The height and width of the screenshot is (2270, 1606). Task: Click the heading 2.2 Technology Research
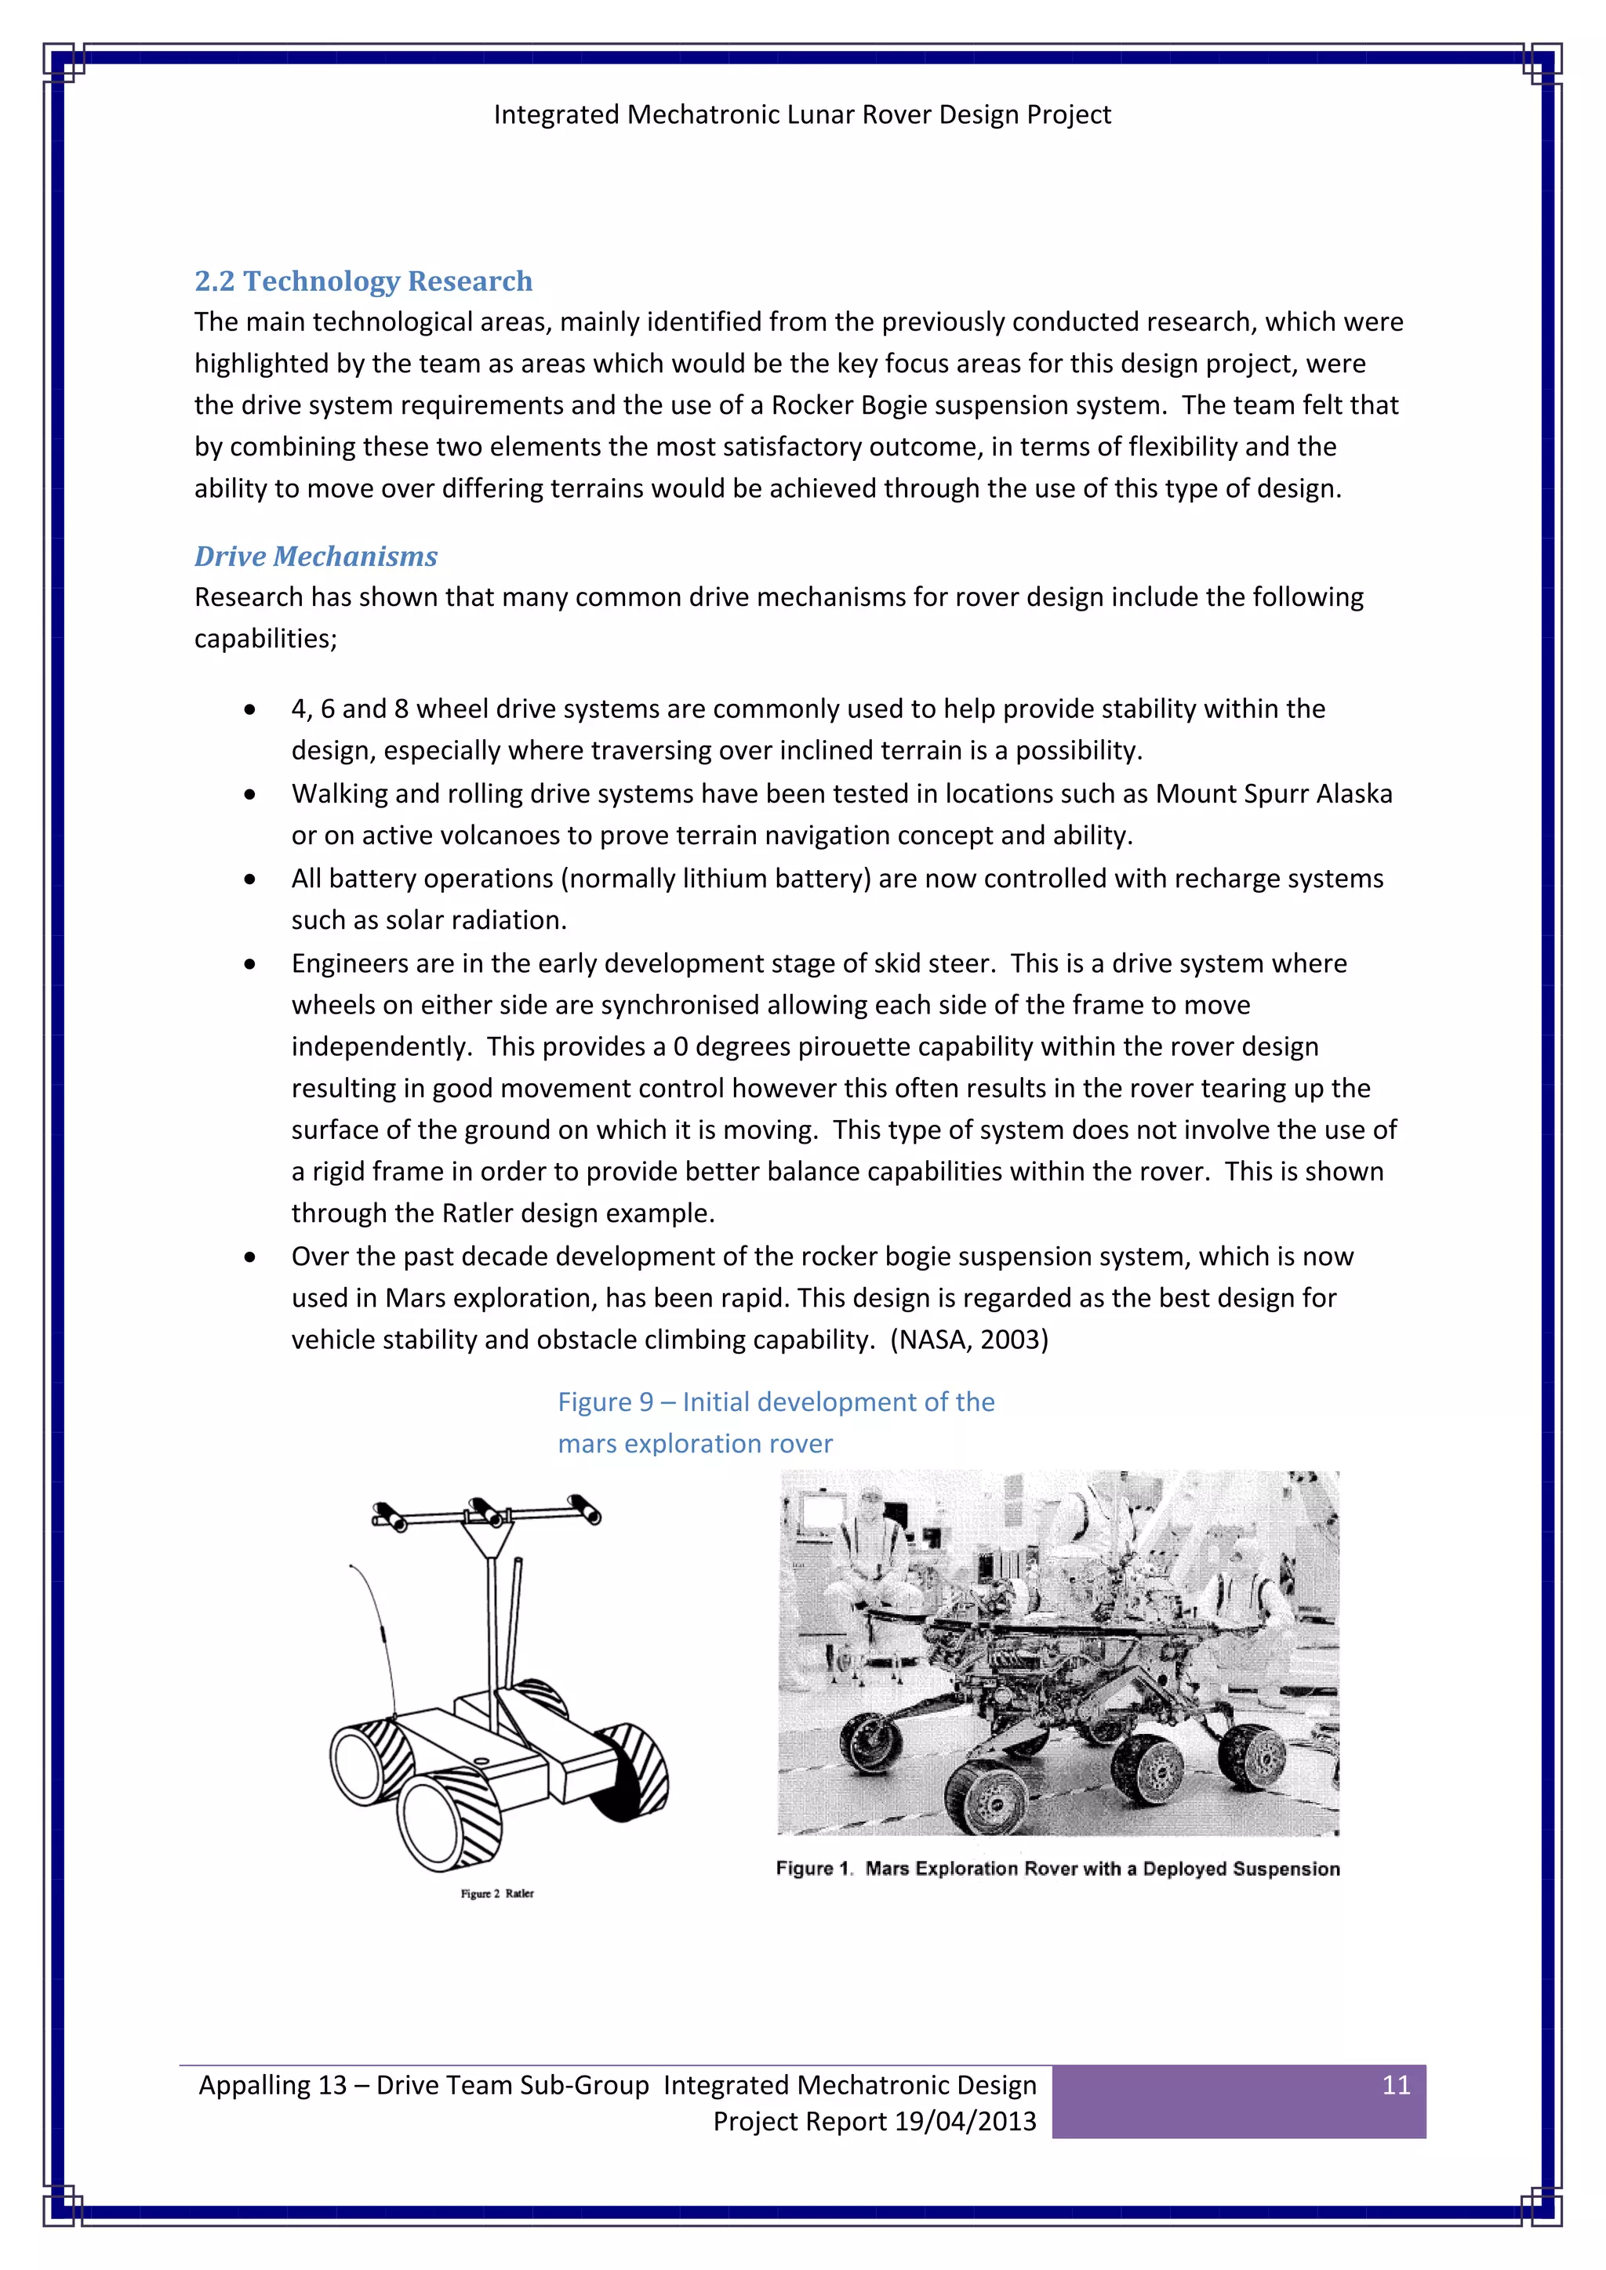(363, 281)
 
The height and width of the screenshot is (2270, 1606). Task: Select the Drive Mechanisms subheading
(315, 557)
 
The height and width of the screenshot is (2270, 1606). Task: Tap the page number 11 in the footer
(1395, 2085)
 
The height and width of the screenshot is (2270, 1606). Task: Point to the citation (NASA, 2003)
(969, 1340)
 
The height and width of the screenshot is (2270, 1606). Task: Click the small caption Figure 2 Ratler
(496, 1893)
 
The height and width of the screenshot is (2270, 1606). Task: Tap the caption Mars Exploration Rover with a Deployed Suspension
(1102, 1869)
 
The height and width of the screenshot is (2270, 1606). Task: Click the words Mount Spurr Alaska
(1274, 794)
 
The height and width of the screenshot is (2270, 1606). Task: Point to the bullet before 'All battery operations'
(250, 879)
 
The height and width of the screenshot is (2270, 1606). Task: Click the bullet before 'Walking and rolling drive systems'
(250, 794)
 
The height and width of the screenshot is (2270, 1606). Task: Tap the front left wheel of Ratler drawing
(448, 1822)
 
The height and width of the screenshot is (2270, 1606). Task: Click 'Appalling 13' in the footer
(272, 2085)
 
